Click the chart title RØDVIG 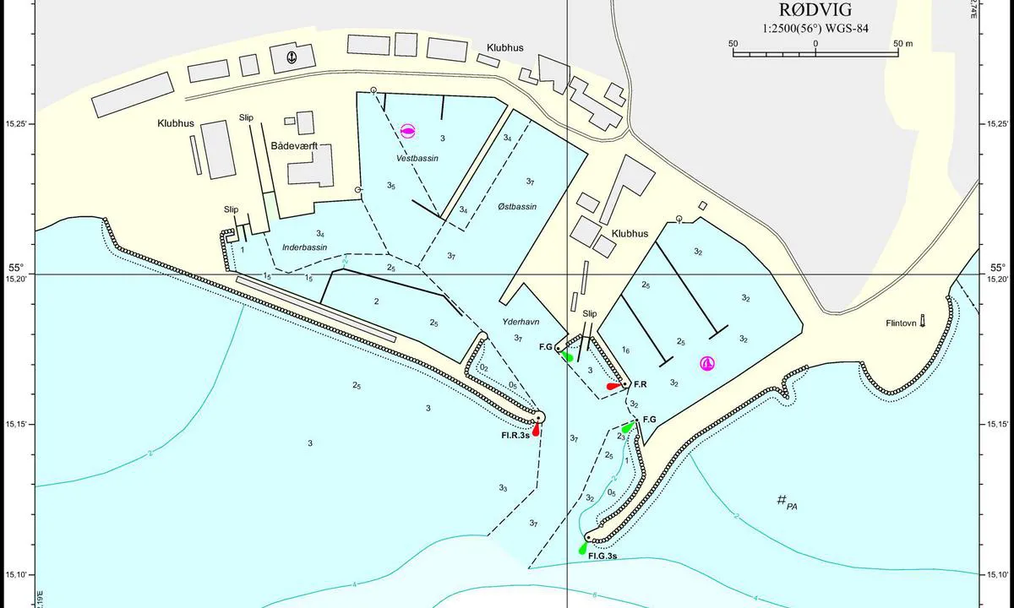coord(815,10)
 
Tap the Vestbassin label coord(417,158)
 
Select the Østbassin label coord(517,206)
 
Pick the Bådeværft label coord(293,146)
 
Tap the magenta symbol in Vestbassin coord(408,130)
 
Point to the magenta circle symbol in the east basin coord(707,363)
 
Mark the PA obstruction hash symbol coord(782,500)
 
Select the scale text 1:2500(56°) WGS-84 coord(815,28)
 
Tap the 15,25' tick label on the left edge coord(16,124)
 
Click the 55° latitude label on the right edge coord(997,269)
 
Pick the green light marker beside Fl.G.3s coord(583,548)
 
